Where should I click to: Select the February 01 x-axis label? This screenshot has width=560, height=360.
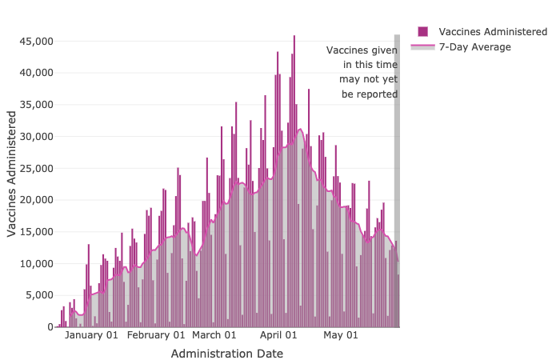click(x=156, y=335)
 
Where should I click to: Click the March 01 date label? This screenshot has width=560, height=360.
click(x=214, y=335)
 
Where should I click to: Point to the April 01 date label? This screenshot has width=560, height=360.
click(x=279, y=335)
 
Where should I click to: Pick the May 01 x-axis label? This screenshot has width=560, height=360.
click(x=341, y=335)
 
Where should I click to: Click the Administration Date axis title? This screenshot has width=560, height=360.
click(x=226, y=353)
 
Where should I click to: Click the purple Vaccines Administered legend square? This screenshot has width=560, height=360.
click(x=422, y=31)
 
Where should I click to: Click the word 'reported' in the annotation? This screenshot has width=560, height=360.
click(x=375, y=94)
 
